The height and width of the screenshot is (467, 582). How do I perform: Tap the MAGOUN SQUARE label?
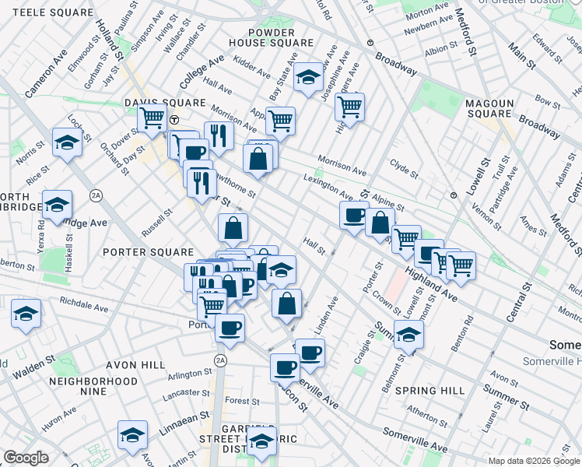pos(490,109)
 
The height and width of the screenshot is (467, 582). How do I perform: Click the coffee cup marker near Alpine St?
pos(355,214)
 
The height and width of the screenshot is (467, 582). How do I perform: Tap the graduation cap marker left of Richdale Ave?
pos(26,314)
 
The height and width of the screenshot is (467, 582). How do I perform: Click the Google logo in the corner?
pos(26,458)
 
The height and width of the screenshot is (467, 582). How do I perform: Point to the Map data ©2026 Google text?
pos(534,461)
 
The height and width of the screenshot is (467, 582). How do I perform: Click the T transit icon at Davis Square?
pos(176,119)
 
